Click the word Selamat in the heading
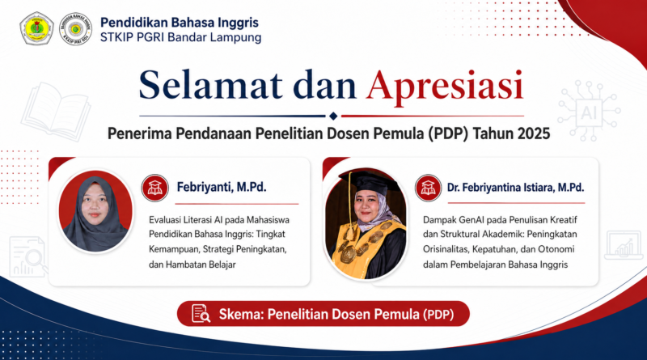point(211,86)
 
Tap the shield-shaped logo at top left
point(36,28)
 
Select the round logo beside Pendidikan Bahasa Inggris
point(75,28)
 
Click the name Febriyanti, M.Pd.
point(222,188)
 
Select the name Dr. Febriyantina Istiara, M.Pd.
point(516,188)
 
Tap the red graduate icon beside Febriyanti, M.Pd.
point(155,188)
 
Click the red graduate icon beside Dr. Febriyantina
point(429,188)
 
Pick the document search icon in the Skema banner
point(201,313)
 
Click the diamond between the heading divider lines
point(333,116)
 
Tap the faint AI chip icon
point(589,111)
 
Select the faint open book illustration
point(56,112)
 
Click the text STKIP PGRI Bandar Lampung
point(180,37)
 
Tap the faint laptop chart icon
point(624,246)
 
